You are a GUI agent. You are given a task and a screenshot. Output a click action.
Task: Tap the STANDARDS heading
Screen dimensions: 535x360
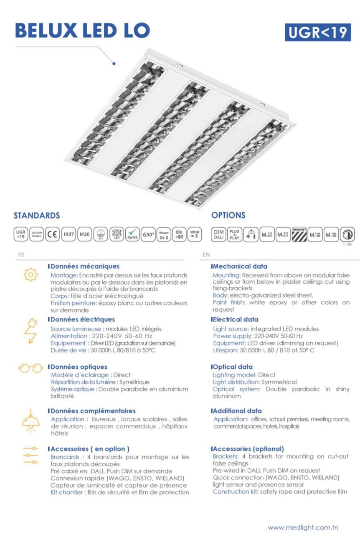(37, 216)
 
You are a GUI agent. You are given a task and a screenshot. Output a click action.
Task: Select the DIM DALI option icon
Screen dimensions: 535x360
(218, 233)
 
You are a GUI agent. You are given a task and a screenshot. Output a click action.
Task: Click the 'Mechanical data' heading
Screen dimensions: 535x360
(240, 266)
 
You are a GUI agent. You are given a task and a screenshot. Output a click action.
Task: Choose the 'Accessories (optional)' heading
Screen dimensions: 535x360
(248, 449)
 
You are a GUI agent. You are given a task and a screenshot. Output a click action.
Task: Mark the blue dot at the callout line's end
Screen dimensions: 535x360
(114, 64)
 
